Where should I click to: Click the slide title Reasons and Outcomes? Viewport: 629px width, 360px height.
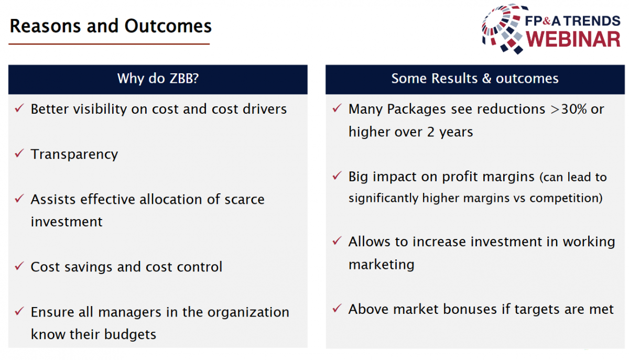[x=111, y=26]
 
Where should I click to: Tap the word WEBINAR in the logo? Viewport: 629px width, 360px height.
[x=573, y=39]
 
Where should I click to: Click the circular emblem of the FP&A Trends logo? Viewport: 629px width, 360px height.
[x=503, y=29]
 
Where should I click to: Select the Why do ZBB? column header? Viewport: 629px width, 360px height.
[x=158, y=79]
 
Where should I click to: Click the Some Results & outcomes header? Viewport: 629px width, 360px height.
[x=475, y=79]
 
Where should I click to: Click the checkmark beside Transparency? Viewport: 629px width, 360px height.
[x=19, y=153]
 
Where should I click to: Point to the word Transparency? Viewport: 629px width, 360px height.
[x=74, y=155]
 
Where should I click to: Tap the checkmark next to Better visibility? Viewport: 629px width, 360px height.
[x=19, y=108]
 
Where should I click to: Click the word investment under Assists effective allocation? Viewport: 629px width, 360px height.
[x=67, y=222]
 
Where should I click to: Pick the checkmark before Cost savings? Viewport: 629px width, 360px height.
[x=19, y=266]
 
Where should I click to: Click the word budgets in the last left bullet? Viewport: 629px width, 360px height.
[x=130, y=334]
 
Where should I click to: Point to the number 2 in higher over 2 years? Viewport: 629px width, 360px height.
[x=431, y=132]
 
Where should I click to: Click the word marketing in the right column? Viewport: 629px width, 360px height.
[x=382, y=265]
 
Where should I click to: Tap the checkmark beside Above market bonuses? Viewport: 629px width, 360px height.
[x=337, y=308]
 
